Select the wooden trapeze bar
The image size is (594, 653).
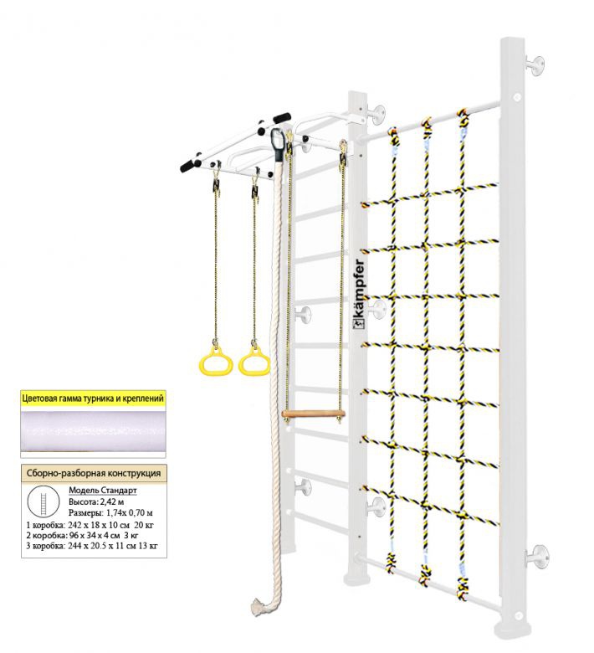click(x=314, y=414)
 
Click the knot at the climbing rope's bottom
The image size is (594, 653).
click(x=259, y=607)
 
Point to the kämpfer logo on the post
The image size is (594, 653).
click(x=359, y=294)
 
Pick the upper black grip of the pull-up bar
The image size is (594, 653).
click(x=282, y=118)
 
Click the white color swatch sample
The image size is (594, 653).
click(x=93, y=431)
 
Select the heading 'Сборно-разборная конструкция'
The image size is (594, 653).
click(x=94, y=473)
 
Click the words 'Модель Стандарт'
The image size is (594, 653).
click(x=102, y=490)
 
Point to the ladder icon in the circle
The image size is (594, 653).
click(x=43, y=501)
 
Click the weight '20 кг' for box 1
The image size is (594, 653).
click(x=144, y=525)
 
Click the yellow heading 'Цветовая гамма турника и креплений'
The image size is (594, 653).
click(x=93, y=398)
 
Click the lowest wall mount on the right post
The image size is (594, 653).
click(x=538, y=557)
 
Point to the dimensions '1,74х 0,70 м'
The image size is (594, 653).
click(x=129, y=512)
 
